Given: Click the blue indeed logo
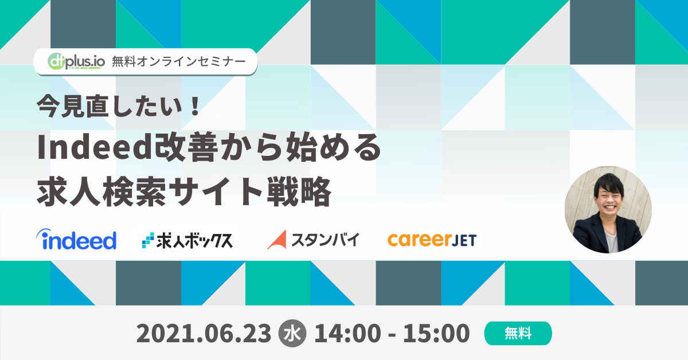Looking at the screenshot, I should (x=76, y=239).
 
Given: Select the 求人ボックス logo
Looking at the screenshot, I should (x=187, y=240).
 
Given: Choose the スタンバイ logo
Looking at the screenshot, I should (x=313, y=239).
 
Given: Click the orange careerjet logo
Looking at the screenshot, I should (x=432, y=239).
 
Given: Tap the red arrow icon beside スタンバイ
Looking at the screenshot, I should (x=276, y=240).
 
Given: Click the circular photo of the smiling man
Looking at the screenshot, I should (x=608, y=210).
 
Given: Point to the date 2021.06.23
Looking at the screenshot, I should (x=204, y=333).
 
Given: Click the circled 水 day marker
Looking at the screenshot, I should (x=292, y=333).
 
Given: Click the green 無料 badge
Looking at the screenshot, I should (x=518, y=333).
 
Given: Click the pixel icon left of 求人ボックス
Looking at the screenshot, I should (x=148, y=240).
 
